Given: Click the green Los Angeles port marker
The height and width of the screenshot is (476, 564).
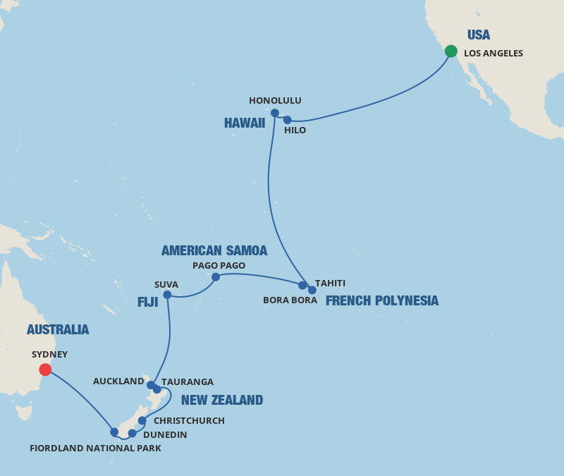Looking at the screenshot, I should (451, 51).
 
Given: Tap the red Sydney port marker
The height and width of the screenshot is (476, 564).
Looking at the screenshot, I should (45, 370).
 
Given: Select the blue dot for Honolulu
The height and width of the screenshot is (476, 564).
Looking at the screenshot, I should (275, 113).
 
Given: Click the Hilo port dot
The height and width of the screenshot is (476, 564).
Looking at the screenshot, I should (287, 120).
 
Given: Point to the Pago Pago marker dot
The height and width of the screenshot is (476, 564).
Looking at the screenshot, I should (216, 277).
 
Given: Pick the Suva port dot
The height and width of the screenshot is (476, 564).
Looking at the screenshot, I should (167, 295).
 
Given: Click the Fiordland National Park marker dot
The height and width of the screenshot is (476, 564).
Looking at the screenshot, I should (114, 432).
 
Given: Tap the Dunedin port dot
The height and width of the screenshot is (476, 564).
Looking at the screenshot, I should (132, 433).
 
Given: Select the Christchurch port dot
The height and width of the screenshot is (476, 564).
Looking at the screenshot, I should (142, 420).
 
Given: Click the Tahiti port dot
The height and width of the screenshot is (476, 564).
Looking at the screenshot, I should (312, 290).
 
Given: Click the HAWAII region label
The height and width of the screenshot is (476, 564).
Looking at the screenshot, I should (245, 123).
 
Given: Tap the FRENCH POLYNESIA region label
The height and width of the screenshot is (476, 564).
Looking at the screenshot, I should (381, 301).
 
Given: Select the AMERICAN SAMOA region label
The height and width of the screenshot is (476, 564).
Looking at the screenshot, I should (214, 251).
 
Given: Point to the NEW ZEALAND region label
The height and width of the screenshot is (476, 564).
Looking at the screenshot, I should (222, 401).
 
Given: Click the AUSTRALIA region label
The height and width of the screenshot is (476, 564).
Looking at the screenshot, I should (58, 330).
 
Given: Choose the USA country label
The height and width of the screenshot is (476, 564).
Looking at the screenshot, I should (479, 35).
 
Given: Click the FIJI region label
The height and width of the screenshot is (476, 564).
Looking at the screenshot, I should (148, 303).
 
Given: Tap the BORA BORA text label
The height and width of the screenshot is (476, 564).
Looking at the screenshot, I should (289, 300).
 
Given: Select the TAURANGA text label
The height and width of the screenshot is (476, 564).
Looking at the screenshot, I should (188, 382).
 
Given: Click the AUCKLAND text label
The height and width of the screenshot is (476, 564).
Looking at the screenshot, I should (118, 382).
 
